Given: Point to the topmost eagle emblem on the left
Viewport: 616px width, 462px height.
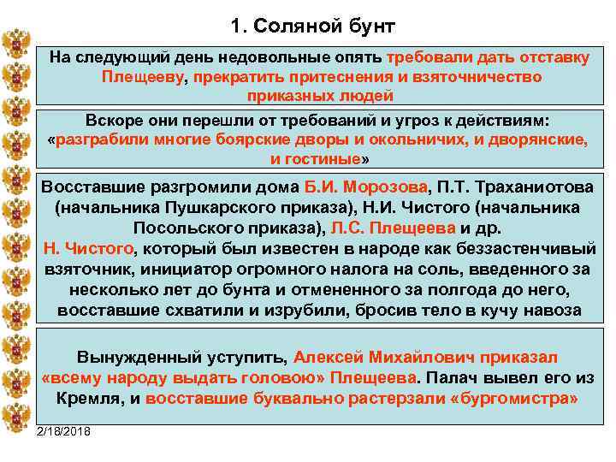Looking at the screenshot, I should (x=15, y=44).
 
